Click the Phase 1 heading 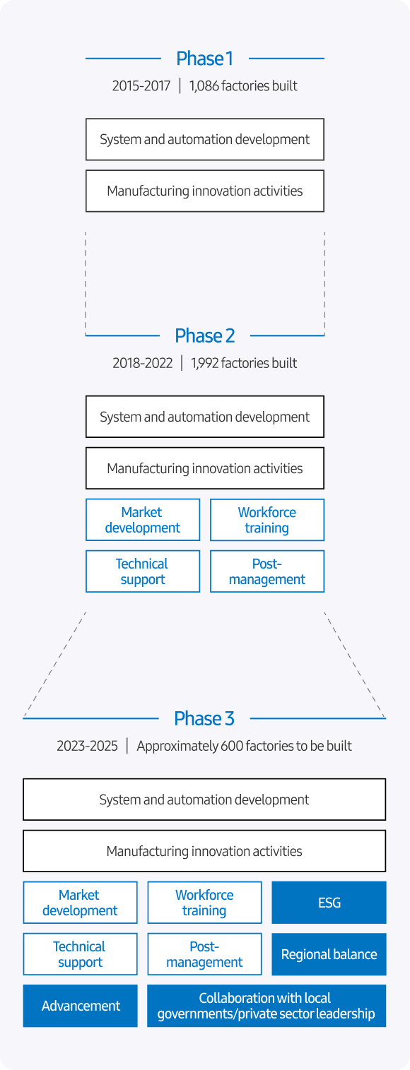[204, 59]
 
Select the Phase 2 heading [204, 335]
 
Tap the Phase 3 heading [204, 718]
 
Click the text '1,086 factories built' [243, 86]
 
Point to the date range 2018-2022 [142, 363]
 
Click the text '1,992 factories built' [244, 363]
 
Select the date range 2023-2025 [87, 746]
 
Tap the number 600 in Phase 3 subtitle [233, 746]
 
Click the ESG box [329, 903]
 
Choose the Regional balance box [329, 954]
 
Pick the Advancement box [81, 1006]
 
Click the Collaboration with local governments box [266, 1006]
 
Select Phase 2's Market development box [143, 520]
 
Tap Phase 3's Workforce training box [204, 903]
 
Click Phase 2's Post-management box [267, 571]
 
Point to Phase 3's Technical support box [81, 954]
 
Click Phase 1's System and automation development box [205, 139]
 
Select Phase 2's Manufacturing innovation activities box [205, 468]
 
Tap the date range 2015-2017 [141, 86]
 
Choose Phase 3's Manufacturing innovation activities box [204, 851]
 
